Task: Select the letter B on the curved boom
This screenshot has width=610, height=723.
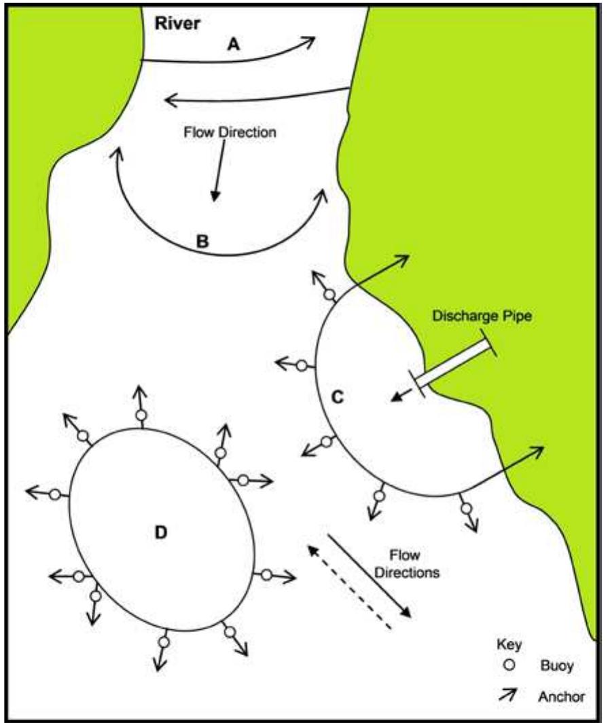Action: [202, 240]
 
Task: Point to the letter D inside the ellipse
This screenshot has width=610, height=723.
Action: [161, 532]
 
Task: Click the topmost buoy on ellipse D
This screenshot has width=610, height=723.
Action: [141, 415]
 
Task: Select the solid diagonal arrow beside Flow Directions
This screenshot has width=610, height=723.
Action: [370, 574]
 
